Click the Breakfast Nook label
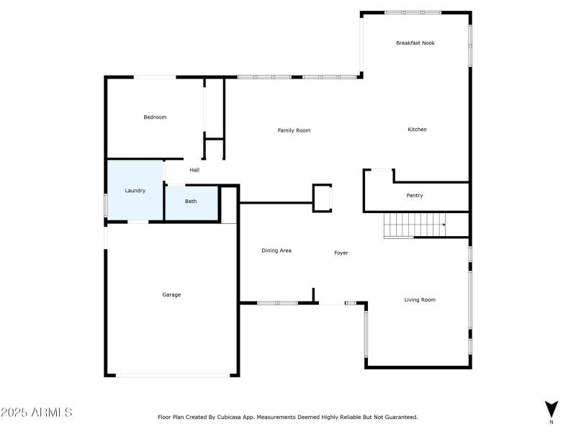point(415,43)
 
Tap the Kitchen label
point(418,130)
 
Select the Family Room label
point(294,130)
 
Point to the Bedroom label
point(155,117)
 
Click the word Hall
point(194,170)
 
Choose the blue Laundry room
point(135,190)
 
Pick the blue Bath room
point(191,202)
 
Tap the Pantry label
point(415,196)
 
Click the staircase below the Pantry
point(414,225)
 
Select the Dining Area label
point(276,251)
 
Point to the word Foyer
point(341,253)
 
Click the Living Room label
point(419,300)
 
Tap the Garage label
point(171,294)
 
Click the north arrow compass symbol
point(552,409)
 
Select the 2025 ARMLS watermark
point(36,413)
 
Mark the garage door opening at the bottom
point(173,374)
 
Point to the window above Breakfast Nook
point(413,12)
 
